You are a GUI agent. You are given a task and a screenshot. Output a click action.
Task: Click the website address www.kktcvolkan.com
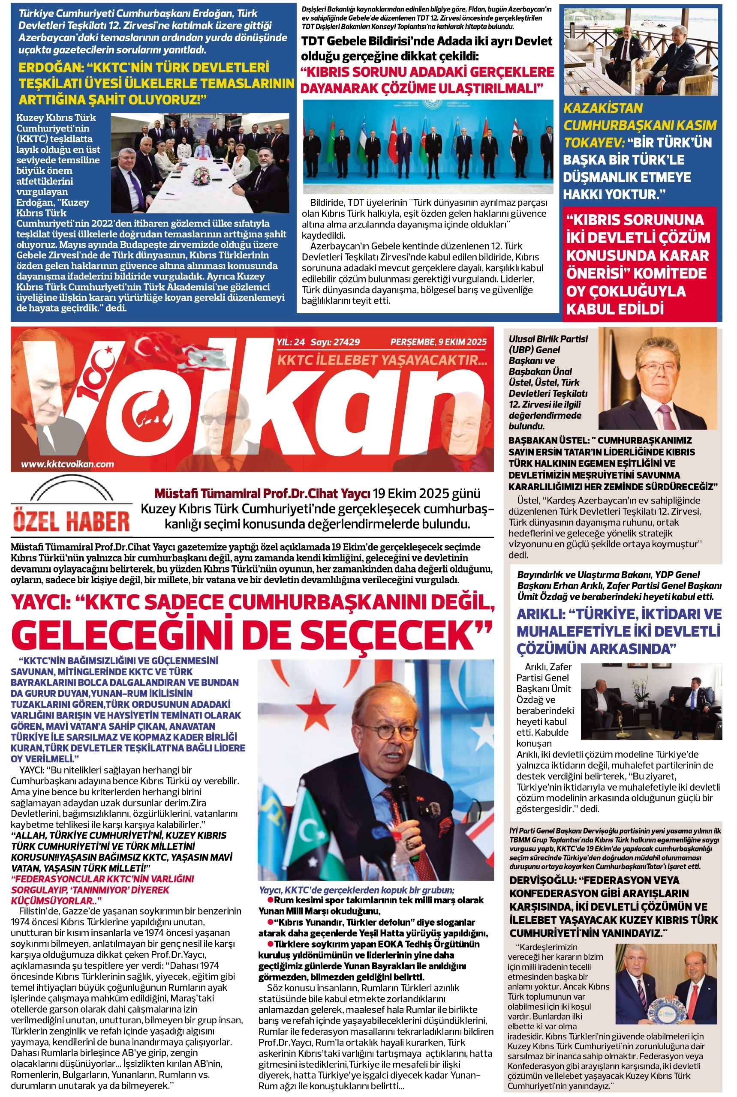[68, 464]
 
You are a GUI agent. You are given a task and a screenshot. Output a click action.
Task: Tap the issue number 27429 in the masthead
[346, 342]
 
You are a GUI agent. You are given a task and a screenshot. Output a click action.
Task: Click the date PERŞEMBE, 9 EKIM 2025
[438, 342]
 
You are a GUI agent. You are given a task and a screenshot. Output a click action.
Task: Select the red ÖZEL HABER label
[71, 521]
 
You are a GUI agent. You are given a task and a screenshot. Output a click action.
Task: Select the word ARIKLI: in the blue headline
[540, 614]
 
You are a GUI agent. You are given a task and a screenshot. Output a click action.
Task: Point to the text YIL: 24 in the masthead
[291, 342]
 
